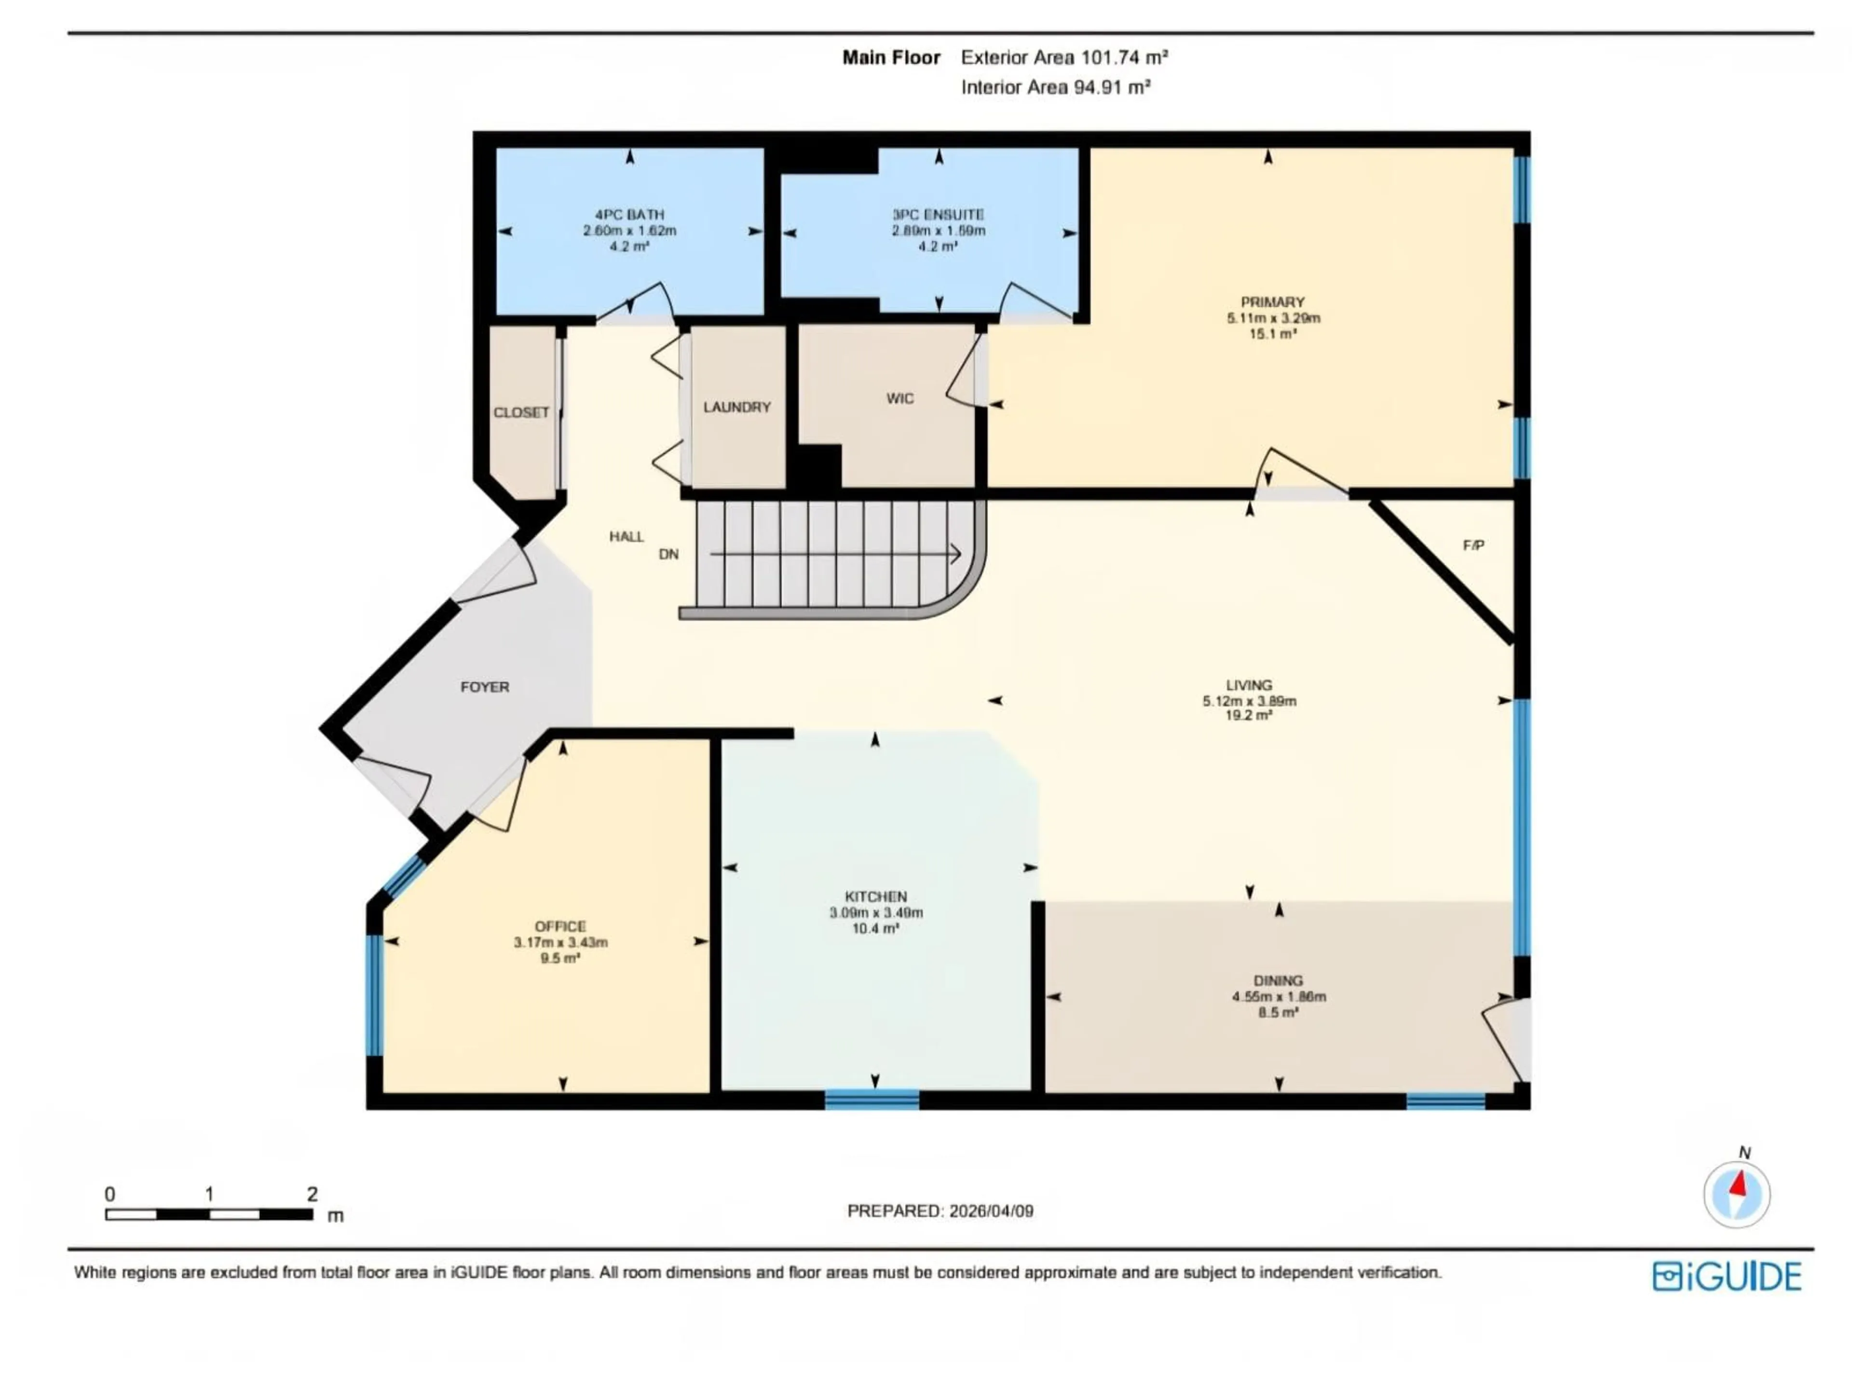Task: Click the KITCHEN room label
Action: (x=875, y=896)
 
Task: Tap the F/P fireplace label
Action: (x=1473, y=545)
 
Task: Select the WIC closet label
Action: (x=900, y=398)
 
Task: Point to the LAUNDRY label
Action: (x=737, y=407)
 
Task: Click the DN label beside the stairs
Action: (x=668, y=554)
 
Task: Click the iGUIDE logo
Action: (x=1727, y=1277)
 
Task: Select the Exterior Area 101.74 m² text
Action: (x=1064, y=58)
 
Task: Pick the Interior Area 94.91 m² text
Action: (x=1055, y=87)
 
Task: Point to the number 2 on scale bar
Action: (x=313, y=1194)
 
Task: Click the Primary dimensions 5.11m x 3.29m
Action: (x=1273, y=318)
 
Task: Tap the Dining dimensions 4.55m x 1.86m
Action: (x=1279, y=996)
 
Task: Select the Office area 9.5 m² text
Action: (x=560, y=958)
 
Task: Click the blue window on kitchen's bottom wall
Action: (x=872, y=1099)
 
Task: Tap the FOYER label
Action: (x=485, y=687)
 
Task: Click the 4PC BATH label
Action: (x=629, y=214)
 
